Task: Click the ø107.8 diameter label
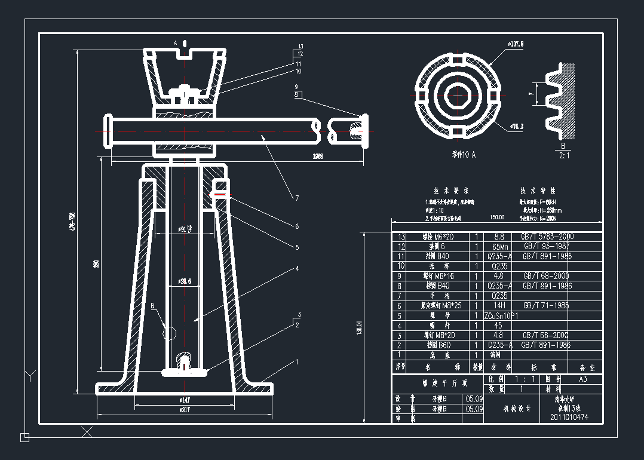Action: point(515,44)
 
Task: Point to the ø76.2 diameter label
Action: point(517,127)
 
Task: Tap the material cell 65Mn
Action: point(499,246)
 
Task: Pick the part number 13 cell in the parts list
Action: point(401,237)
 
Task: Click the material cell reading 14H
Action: point(499,305)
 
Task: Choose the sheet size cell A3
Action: point(582,379)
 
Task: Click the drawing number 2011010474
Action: point(569,417)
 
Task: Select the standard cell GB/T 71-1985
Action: point(546,305)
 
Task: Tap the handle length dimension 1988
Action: point(317,156)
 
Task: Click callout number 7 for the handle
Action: point(296,198)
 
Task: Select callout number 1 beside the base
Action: point(296,361)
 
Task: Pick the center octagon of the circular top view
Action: point(457,96)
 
